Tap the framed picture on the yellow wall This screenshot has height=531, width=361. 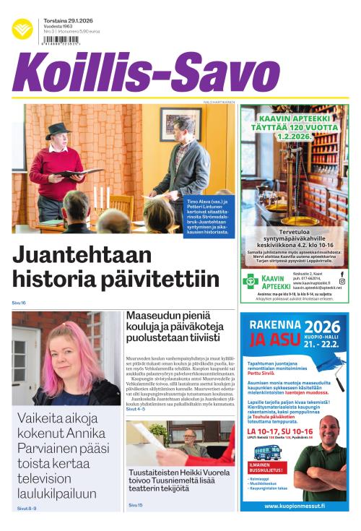pos(171,124)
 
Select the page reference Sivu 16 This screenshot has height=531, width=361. pos(19,303)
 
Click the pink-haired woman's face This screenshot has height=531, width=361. pos(68,358)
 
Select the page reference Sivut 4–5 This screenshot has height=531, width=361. pos(136,409)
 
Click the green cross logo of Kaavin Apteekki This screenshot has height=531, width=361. pos(251,280)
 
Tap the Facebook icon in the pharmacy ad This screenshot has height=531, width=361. pos(342,274)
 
